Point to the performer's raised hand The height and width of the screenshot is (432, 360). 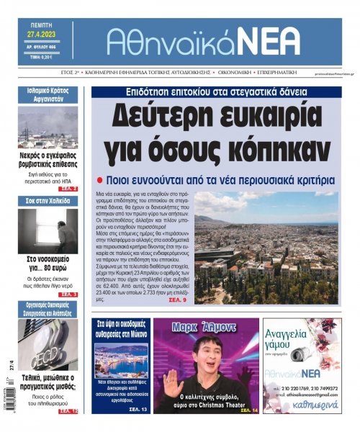170,384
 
